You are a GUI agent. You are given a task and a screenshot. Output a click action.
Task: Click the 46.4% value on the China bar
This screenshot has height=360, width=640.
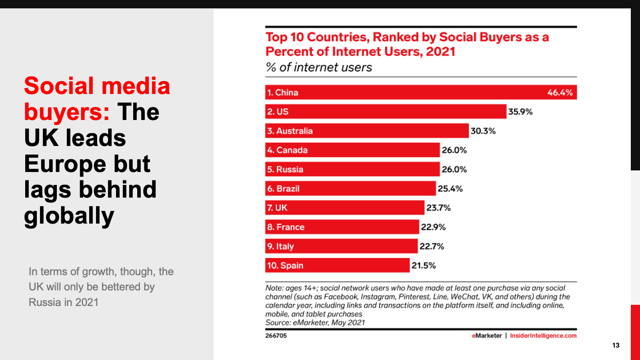[560, 92]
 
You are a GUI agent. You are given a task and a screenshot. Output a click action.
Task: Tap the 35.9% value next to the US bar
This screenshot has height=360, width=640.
[520, 112]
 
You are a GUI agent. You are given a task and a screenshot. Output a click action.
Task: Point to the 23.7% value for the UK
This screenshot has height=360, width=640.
[438, 208]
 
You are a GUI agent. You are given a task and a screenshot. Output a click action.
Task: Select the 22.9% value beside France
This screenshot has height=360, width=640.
[433, 227]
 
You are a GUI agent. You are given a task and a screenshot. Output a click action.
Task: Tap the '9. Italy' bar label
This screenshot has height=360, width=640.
[280, 246]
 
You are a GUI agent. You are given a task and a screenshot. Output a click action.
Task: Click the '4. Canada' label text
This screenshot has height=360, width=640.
[287, 150]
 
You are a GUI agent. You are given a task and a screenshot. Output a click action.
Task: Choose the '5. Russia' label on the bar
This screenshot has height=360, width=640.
[285, 169]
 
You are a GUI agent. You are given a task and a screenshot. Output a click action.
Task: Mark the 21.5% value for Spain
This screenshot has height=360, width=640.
[424, 265]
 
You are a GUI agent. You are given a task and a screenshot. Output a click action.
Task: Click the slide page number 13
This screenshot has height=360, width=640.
[616, 345]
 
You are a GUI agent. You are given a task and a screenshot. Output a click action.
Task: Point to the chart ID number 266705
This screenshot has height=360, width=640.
[276, 336]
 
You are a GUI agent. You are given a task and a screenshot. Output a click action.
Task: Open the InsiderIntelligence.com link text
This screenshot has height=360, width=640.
[543, 336]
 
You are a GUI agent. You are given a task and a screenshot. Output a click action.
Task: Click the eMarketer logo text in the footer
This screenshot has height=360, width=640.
[486, 336]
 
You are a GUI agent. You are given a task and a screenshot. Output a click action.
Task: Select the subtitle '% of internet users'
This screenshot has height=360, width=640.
[319, 67]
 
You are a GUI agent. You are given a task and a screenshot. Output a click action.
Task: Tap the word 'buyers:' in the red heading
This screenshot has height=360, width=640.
[67, 112]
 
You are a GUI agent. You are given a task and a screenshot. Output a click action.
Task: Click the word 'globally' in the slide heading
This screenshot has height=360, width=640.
[69, 216]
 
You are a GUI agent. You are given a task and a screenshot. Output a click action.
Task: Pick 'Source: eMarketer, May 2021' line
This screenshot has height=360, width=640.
[315, 322]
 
